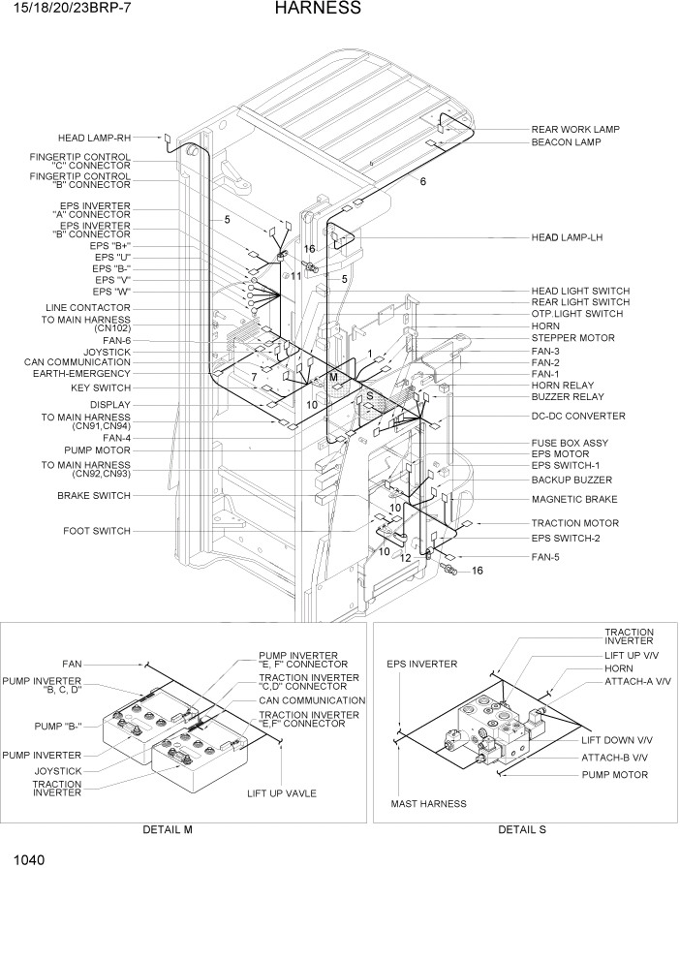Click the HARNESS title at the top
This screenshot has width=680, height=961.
coord(317,9)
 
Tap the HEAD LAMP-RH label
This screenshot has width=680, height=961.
coord(94,138)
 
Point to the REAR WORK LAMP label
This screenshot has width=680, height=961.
coord(575,129)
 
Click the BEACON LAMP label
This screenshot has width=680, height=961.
coord(566,142)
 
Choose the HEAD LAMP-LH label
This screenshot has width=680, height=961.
coord(567,237)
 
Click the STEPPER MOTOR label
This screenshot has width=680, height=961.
coord(572,338)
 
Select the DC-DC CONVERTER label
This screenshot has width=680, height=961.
coord(577,417)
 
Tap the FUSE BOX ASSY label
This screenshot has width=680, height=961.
coord(570,443)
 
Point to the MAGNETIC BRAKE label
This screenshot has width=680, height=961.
coord(574,500)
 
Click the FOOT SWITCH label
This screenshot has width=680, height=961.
coord(97,531)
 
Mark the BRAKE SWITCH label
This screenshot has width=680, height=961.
coord(93,495)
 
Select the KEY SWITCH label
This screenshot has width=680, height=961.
coord(101,387)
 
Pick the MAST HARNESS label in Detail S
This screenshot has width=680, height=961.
coord(428,804)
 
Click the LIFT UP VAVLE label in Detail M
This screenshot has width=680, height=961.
coord(282,793)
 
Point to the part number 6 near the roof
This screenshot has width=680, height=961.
coord(422,181)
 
